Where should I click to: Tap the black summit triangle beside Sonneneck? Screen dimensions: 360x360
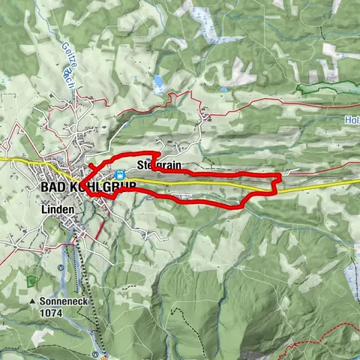click(33, 301)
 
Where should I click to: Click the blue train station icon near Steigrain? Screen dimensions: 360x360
click(121, 174)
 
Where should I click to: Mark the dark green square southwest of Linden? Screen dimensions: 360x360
click(31, 280)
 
